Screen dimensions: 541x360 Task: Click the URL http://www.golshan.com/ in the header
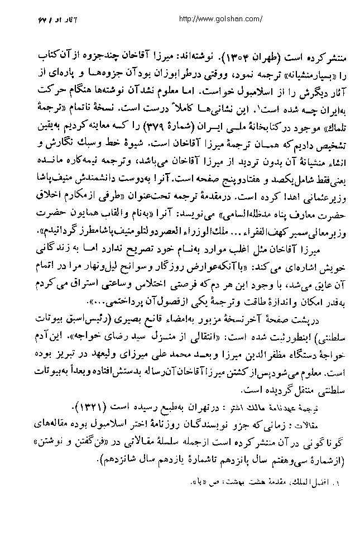tap(219, 19)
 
